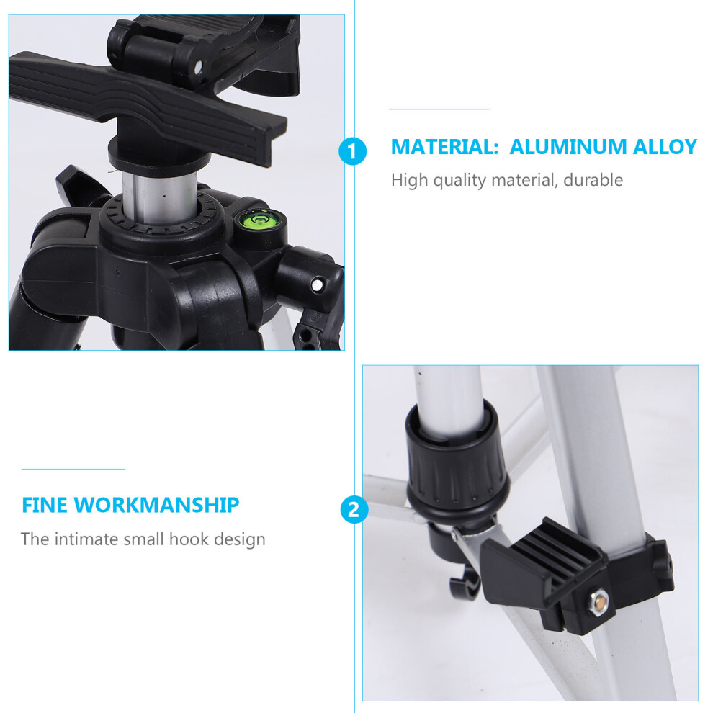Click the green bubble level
[260, 220]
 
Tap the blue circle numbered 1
[352, 151]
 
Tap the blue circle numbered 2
[354, 509]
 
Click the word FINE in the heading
[44, 505]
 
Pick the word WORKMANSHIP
[156, 505]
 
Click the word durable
[593, 180]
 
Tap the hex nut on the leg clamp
[599, 603]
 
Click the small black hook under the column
[464, 586]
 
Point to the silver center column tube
[159, 198]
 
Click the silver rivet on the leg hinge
[317, 285]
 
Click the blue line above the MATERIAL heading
[439, 109]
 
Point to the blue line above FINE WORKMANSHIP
[73, 469]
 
